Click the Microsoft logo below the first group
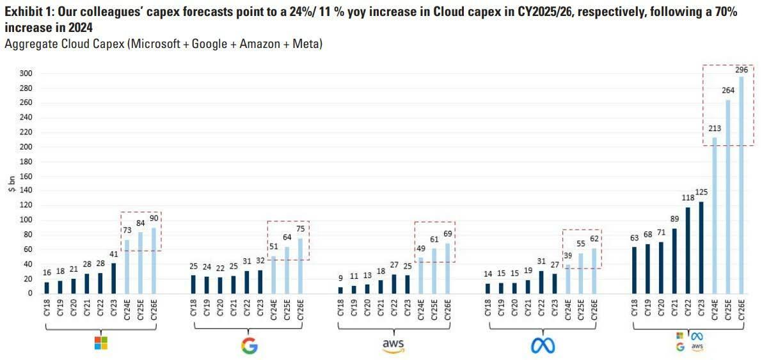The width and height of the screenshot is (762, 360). pos(100,343)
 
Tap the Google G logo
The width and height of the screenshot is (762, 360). pos(249,346)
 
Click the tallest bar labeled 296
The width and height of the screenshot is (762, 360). pos(742,185)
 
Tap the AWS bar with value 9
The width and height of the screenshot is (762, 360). pos(341,290)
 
